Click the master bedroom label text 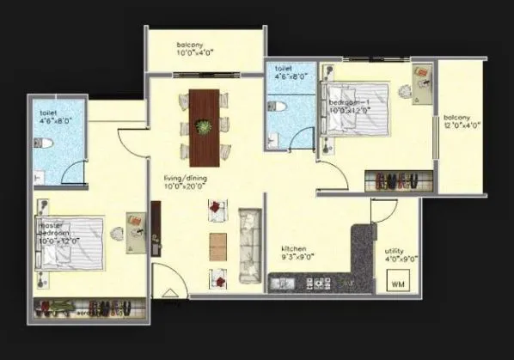[58, 233]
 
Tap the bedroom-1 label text [347, 107]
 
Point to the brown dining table [204, 127]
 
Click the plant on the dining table [204, 128]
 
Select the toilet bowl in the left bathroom [51, 143]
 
